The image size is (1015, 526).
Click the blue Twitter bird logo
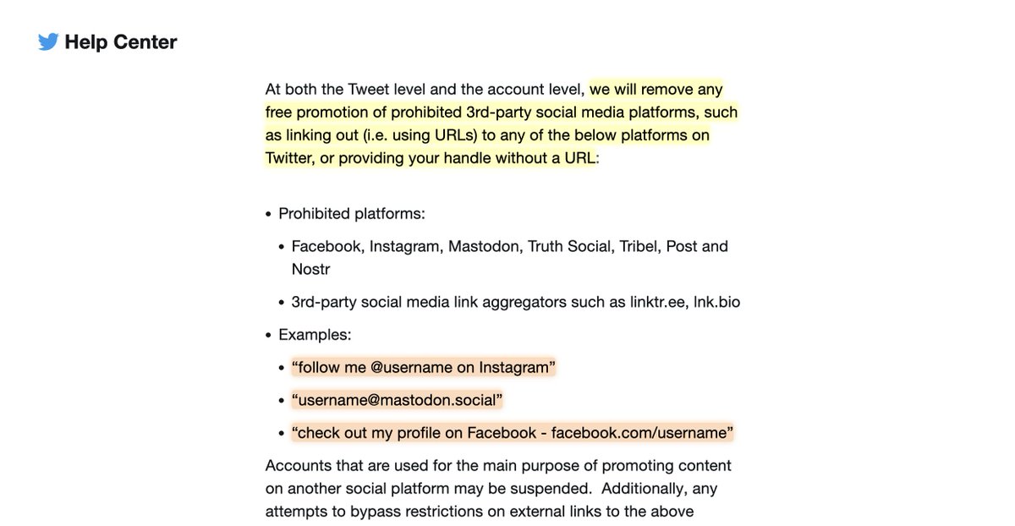point(48,42)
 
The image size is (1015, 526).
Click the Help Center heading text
point(121,42)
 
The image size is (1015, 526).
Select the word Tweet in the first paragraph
point(386,90)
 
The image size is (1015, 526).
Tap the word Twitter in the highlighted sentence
point(289,158)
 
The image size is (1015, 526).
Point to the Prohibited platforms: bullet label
point(352,213)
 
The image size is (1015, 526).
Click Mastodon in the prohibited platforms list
point(484,246)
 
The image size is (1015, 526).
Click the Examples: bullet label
point(315,334)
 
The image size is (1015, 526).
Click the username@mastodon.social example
point(398,399)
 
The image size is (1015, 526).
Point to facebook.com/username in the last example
point(639,432)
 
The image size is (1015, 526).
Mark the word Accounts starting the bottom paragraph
point(296,465)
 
